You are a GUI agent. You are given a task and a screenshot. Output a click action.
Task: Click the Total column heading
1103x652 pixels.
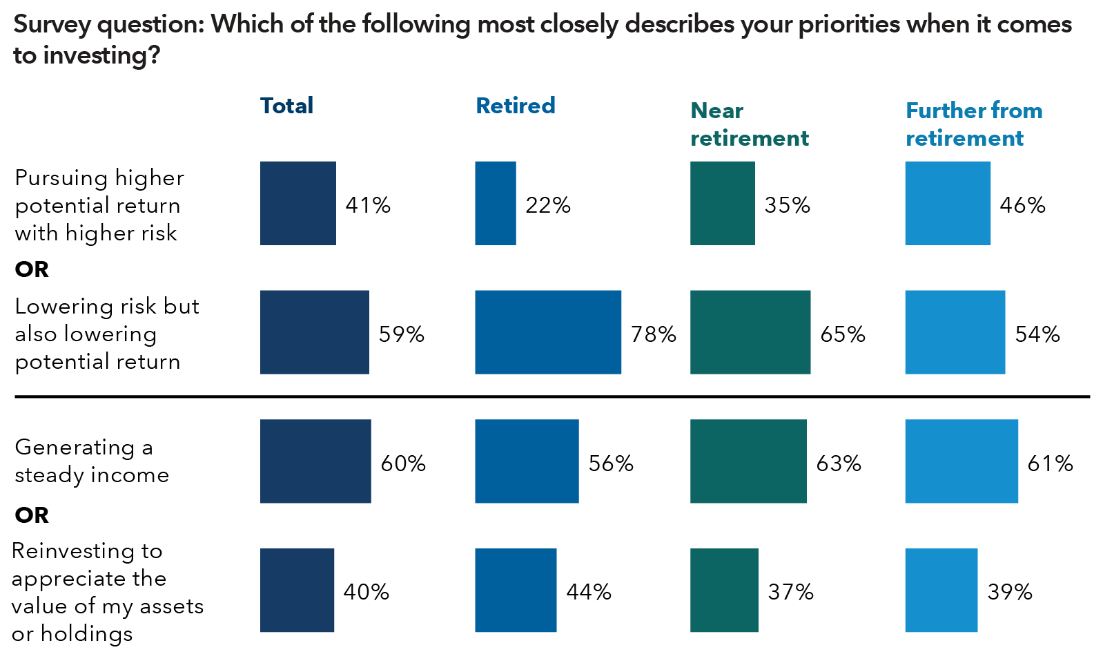[286, 106]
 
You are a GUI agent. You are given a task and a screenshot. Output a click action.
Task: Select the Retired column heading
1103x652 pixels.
[516, 106]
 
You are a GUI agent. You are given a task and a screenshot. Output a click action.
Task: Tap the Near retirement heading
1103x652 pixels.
[749, 124]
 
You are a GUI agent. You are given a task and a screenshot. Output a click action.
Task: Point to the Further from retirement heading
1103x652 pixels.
[974, 124]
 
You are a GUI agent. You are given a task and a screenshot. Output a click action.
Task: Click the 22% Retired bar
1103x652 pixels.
[496, 203]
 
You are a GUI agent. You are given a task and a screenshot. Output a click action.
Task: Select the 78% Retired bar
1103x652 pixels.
[548, 332]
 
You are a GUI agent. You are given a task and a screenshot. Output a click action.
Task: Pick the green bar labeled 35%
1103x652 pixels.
[723, 203]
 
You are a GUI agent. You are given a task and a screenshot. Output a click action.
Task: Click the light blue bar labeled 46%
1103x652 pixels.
[948, 203]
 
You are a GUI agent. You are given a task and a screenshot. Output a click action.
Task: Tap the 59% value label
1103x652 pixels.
[402, 334]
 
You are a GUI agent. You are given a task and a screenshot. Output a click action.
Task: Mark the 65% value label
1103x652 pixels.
[843, 334]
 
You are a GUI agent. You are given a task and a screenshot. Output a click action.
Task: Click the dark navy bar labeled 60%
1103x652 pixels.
[315, 461]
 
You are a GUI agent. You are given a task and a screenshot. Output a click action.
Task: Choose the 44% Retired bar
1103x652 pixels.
[516, 590]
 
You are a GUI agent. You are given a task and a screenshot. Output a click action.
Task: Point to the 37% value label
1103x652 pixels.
[791, 592]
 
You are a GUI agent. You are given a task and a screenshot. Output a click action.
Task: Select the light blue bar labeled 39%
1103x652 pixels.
[941, 590]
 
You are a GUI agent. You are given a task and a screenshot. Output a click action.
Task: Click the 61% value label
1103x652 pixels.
[1050, 463]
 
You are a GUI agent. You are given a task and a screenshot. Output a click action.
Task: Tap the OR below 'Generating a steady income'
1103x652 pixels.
[32, 515]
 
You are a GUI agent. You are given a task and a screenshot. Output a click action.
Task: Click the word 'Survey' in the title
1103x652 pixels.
[52, 25]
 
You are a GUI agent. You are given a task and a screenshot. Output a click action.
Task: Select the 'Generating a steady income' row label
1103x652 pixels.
[92, 461]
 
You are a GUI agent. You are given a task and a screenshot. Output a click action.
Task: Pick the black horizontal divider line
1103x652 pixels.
[552, 396]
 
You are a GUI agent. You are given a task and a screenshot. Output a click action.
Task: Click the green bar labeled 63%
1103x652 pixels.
[748, 461]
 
